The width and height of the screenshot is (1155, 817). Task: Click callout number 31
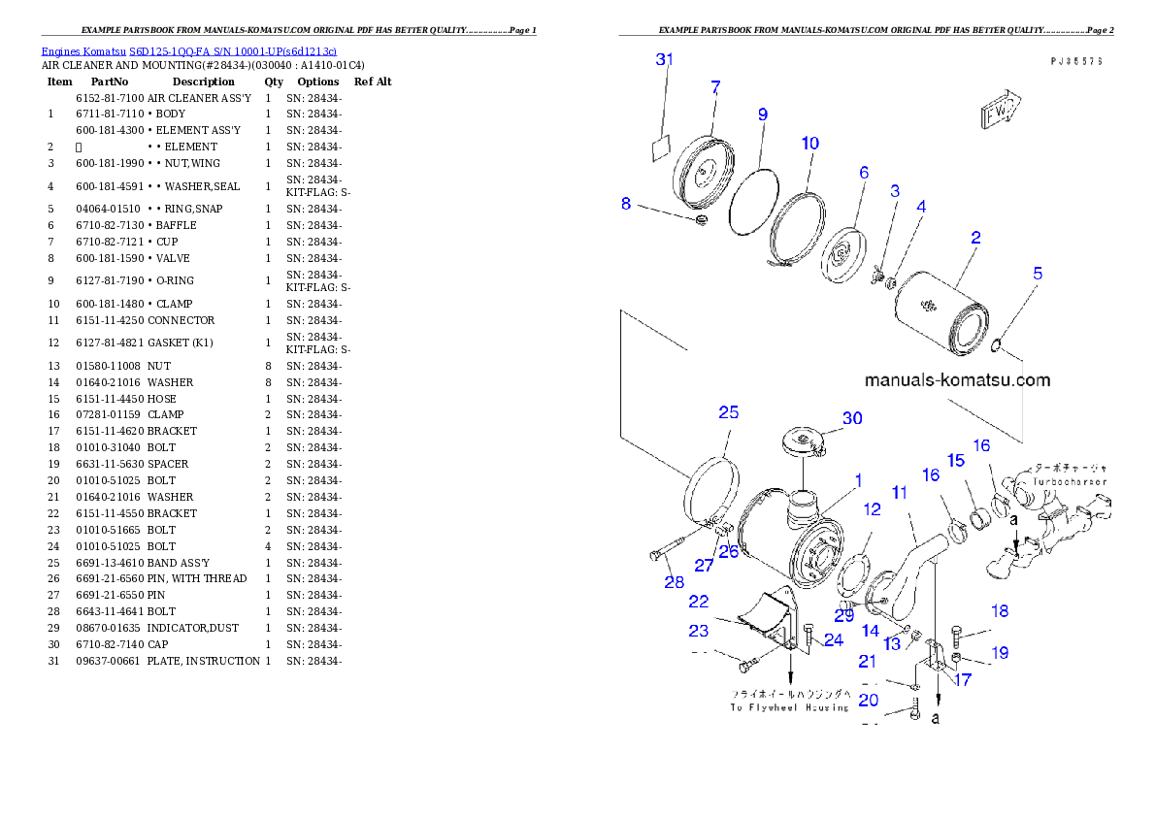point(664,60)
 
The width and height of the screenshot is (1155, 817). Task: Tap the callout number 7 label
point(715,87)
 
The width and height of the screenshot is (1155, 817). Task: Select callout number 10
point(809,144)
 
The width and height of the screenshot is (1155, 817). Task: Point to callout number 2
point(975,237)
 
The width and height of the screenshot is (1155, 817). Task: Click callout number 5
point(1038,274)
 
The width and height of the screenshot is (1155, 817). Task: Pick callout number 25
point(728,412)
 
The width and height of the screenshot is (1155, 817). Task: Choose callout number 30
point(851,418)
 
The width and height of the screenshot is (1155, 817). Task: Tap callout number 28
point(674,582)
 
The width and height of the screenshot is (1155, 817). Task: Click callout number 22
point(699,603)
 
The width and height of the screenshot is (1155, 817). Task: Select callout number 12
point(872,509)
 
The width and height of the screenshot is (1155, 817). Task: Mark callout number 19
point(999,653)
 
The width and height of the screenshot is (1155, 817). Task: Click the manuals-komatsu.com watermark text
point(956,380)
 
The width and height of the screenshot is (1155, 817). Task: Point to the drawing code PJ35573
point(1075,60)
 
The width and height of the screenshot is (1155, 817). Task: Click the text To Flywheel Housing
point(789,707)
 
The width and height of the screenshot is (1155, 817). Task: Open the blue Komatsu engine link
point(188,51)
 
